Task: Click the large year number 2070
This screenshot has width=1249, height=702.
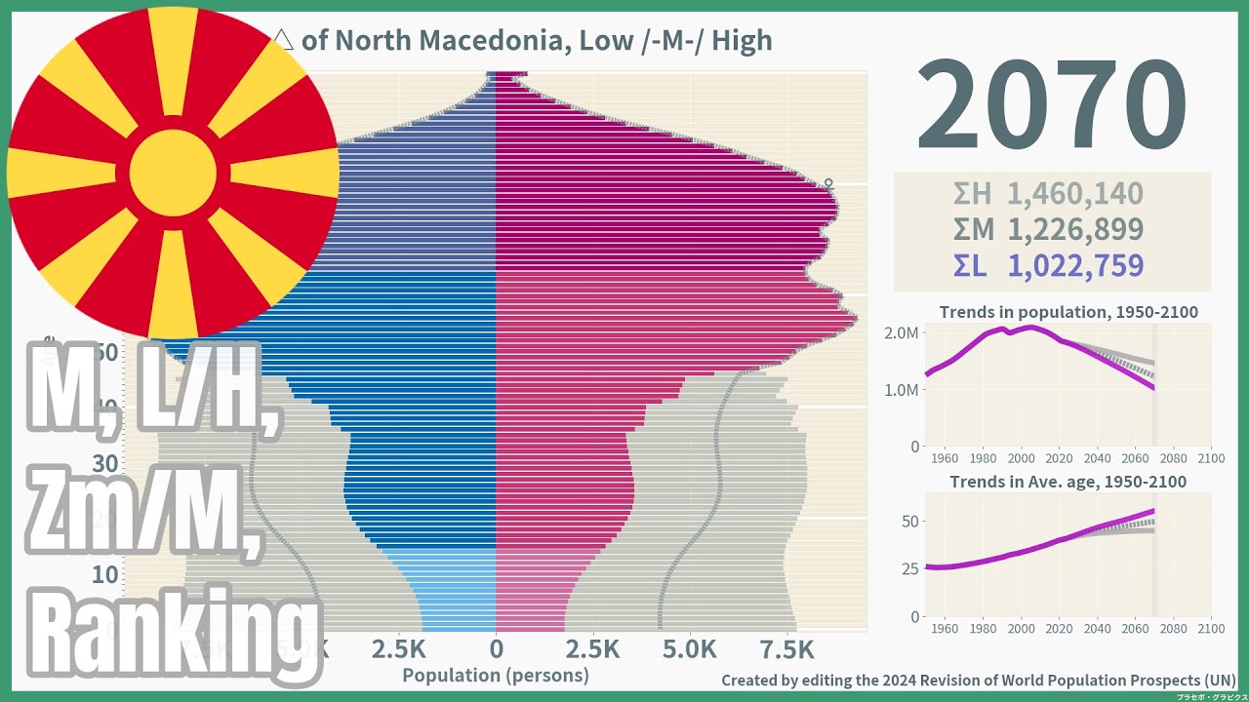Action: coord(1051,106)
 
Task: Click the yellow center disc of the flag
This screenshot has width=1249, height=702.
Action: coord(173,173)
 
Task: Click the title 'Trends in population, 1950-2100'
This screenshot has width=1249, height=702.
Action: coord(1068,313)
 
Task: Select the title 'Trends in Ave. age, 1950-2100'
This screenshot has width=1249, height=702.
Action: coord(1068,482)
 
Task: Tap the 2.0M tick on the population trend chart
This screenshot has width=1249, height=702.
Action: coord(901,332)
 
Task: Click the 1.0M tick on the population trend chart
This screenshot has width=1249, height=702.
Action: coord(901,389)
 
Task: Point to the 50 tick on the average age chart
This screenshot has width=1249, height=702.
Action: coord(908,521)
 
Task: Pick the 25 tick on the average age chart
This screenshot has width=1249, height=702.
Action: coord(908,568)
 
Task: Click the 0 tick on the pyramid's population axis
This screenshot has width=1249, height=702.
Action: coord(496,649)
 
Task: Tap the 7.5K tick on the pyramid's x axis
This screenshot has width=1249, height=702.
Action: coord(786,649)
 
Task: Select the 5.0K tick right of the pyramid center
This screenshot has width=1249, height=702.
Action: coord(689,649)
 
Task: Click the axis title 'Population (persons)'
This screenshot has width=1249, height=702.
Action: coord(496,675)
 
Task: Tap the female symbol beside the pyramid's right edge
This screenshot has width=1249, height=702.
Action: coord(828,182)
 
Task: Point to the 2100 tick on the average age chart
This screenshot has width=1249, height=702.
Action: coord(1210,628)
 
